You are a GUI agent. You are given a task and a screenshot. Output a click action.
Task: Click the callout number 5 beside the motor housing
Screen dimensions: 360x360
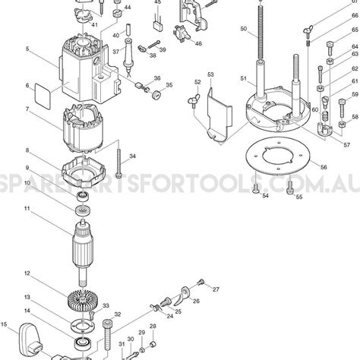(27, 49)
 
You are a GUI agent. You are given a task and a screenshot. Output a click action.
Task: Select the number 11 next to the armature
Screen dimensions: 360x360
(27, 209)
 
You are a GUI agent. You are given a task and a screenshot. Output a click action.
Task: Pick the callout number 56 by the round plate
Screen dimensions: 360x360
(324, 167)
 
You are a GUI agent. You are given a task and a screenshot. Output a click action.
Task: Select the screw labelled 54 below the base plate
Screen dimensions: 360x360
(257, 185)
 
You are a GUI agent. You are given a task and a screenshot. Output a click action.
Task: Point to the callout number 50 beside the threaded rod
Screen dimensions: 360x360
(243, 29)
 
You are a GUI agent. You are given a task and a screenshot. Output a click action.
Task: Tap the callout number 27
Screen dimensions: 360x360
(216, 289)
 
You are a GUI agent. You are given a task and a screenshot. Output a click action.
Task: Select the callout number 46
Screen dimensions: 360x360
(198, 44)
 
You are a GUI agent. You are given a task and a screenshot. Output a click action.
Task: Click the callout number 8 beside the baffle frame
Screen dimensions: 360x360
(27, 151)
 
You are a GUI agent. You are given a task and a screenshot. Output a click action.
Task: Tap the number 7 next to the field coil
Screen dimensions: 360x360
(27, 109)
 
